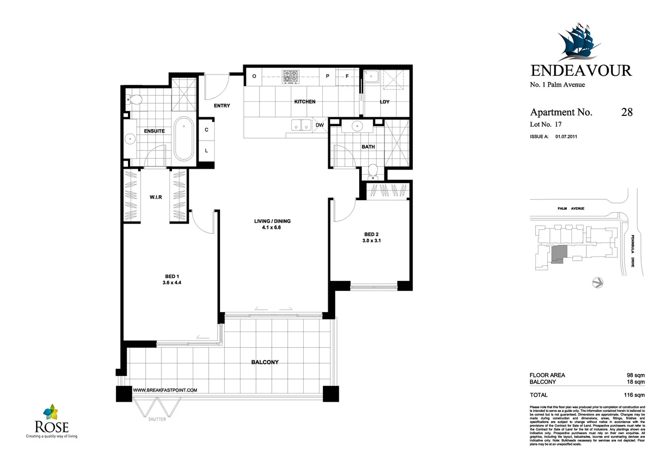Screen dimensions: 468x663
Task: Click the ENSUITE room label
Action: point(154,131)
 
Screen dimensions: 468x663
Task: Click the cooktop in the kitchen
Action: point(291,77)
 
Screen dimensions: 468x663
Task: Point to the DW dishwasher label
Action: point(319,125)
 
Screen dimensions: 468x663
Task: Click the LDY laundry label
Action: point(384,102)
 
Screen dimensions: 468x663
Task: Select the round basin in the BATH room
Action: point(357,126)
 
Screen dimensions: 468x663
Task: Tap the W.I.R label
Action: point(156,197)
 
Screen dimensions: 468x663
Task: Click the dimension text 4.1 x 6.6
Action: point(271,227)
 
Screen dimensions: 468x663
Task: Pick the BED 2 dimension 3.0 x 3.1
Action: point(371,240)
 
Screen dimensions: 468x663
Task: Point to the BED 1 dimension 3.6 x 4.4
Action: point(172,283)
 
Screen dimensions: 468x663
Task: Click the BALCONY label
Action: point(265,362)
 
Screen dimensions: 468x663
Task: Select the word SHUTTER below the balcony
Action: point(157,419)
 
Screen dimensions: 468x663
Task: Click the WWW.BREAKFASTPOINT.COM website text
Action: point(165,390)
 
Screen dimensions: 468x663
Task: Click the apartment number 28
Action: point(627,112)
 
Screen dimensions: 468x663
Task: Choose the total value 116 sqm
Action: point(634,395)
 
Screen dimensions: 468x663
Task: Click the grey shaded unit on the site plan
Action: point(559,253)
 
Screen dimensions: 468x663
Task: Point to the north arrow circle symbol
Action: point(597,283)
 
